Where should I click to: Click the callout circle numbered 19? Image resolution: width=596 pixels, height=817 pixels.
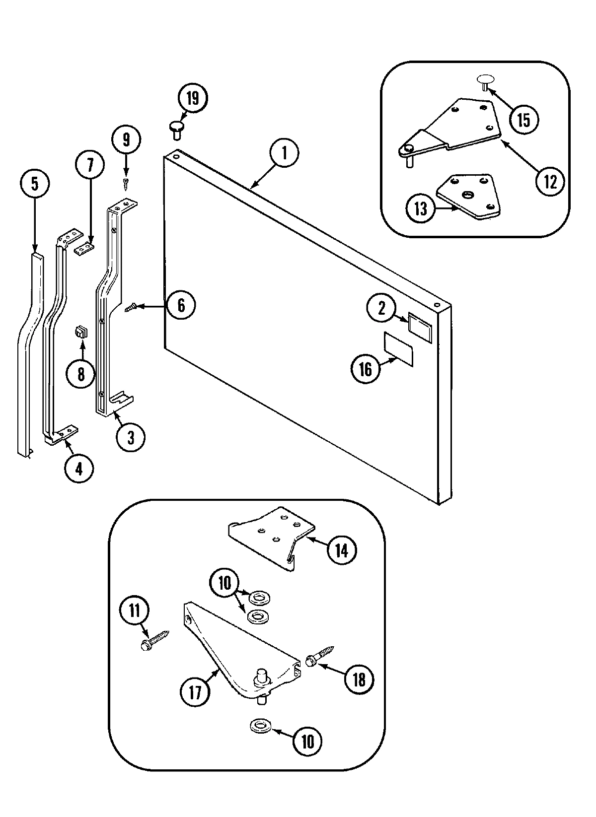(192, 98)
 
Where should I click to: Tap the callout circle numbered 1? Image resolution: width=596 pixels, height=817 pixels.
(285, 153)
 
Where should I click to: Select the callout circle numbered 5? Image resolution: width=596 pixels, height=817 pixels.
(35, 184)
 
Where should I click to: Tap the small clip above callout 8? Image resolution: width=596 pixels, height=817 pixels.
(80, 332)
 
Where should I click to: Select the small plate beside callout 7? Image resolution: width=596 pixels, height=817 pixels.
(85, 248)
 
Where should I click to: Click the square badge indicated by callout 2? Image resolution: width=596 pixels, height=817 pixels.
(420, 324)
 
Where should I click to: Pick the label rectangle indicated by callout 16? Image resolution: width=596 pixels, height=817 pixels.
(398, 345)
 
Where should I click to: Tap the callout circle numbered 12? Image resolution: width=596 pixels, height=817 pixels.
(550, 182)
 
